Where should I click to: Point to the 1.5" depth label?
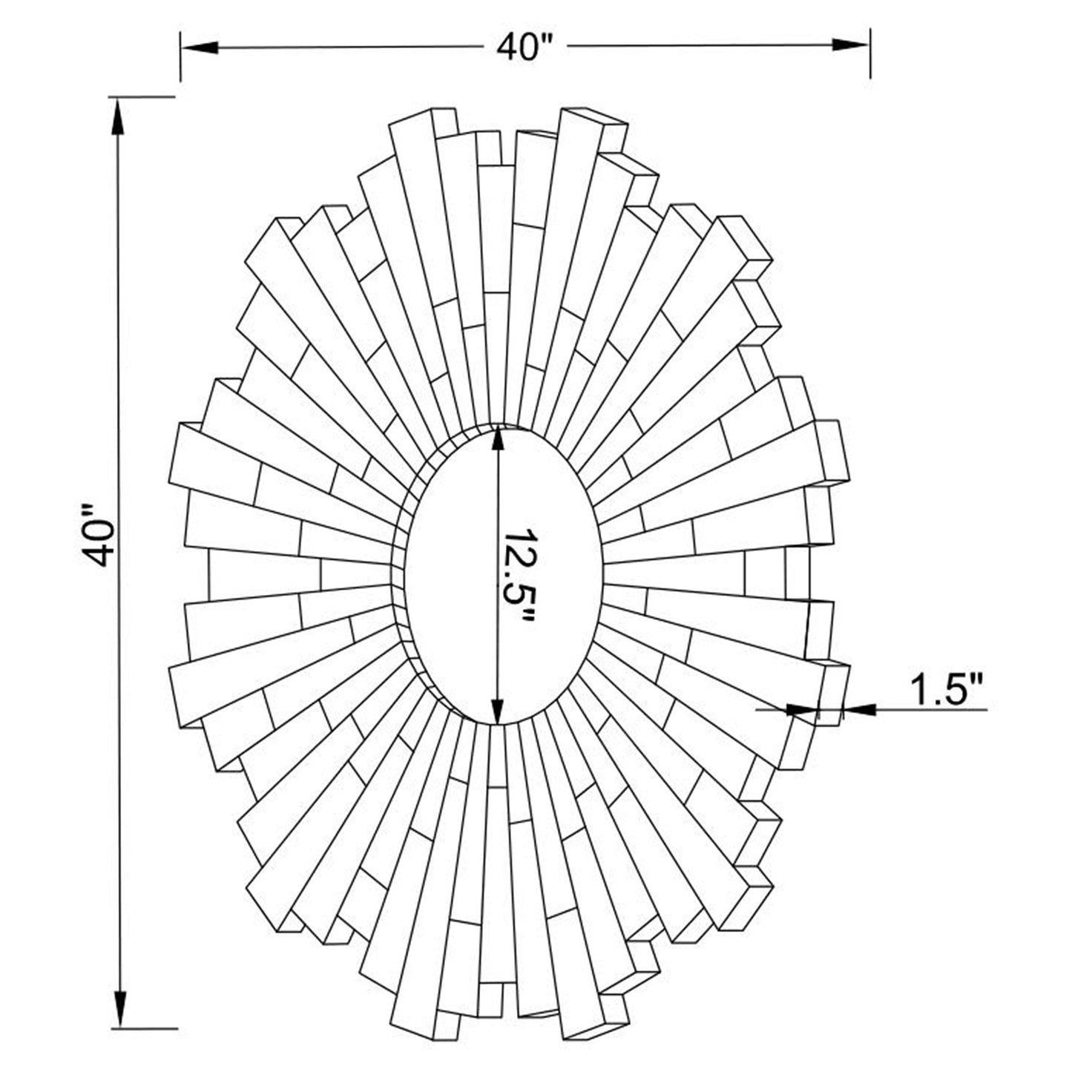click(x=946, y=691)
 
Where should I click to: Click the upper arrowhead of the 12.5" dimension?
click(x=498, y=441)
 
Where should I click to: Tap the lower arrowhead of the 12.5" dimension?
click(x=498, y=708)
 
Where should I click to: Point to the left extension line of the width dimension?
click(x=180, y=56)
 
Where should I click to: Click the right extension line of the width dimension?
click(x=870, y=56)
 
